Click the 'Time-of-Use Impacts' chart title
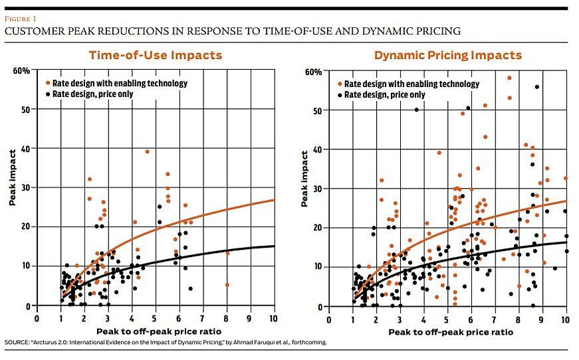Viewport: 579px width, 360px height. tap(156, 55)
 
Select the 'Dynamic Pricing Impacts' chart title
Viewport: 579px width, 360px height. tap(447, 55)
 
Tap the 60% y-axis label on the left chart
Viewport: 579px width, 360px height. tap(21, 71)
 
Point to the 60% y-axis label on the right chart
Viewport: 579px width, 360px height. tap(313, 72)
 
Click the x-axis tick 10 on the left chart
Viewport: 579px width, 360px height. tap(273, 318)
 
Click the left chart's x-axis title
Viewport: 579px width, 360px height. tap(155, 330)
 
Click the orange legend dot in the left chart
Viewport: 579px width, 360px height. tap(47, 84)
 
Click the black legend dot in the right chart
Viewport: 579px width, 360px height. tap(340, 95)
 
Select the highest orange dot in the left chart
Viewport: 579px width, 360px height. tap(147, 151)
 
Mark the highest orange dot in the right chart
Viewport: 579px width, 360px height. tap(509, 78)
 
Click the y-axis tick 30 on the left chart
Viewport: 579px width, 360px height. tap(27, 189)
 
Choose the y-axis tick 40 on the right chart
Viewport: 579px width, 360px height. tap(318, 149)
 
